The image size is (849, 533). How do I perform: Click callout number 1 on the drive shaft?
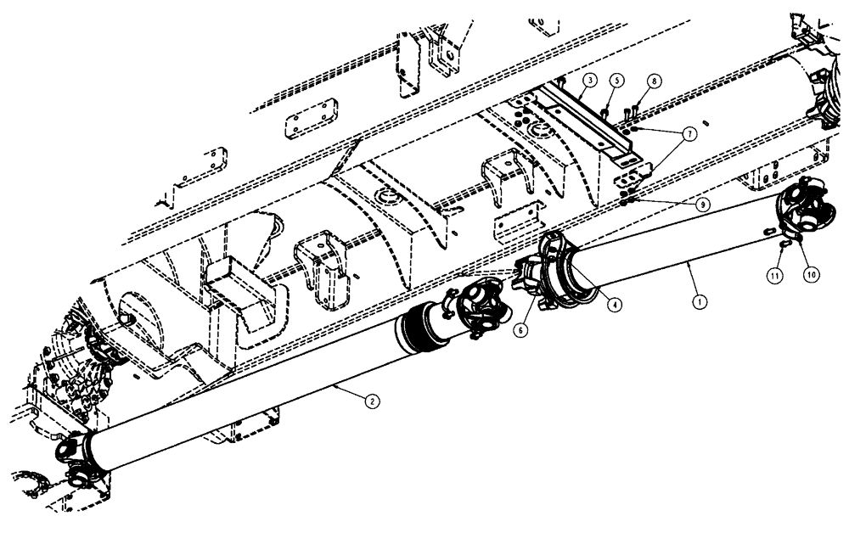[699, 300]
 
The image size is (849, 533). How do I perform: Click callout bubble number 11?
[775, 275]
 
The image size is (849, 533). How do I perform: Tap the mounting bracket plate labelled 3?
[594, 119]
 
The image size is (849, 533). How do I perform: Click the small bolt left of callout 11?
[780, 245]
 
